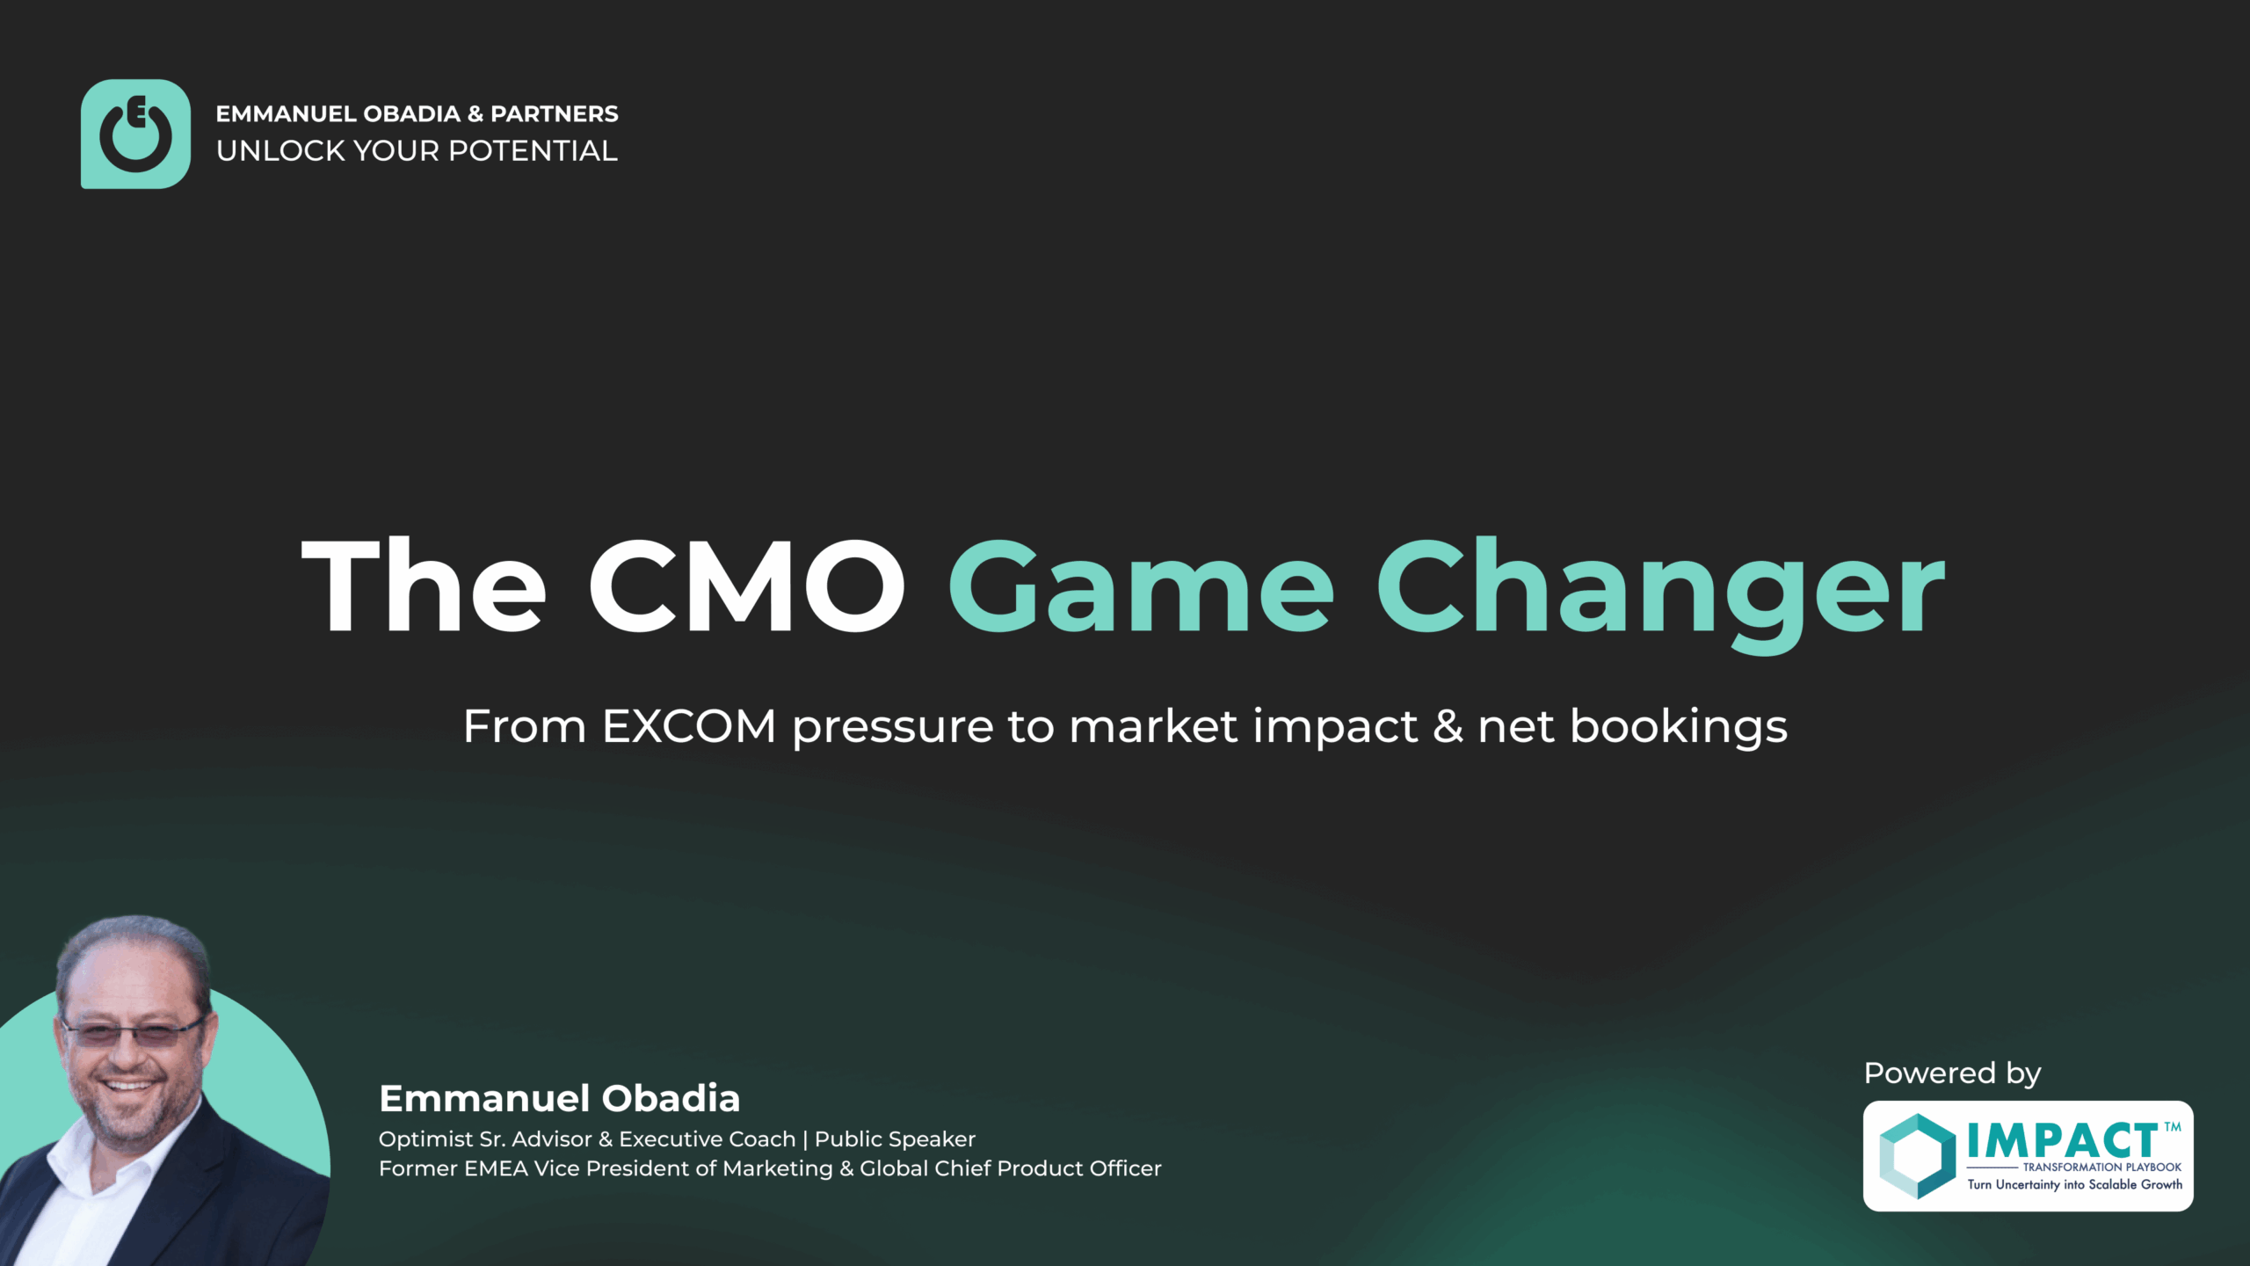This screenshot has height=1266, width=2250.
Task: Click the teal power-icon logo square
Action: pos(135,134)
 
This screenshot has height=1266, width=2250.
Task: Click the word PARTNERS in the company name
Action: pos(554,114)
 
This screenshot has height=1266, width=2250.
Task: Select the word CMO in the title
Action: pos(747,586)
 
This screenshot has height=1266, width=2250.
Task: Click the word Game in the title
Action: pos(1141,586)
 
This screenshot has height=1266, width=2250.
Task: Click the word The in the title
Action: pos(425,586)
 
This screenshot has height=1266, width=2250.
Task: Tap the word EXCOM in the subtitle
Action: pos(689,727)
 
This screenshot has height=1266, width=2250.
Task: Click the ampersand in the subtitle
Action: pos(1447,727)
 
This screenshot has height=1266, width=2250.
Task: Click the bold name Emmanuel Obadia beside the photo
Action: pos(559,1099)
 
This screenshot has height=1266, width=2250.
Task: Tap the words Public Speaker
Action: pos(895,1139)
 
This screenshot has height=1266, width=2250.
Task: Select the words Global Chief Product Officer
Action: pos(1010,1168)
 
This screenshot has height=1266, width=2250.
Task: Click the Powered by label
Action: pos(1952,1073)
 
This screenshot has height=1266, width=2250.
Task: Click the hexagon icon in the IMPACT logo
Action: pos(1917,1156)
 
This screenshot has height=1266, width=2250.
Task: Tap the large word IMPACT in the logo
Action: pos(2062,1142)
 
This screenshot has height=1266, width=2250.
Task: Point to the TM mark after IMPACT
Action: pos(2172,1127)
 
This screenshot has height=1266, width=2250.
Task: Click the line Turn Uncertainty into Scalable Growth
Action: pos(2074,1185)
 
